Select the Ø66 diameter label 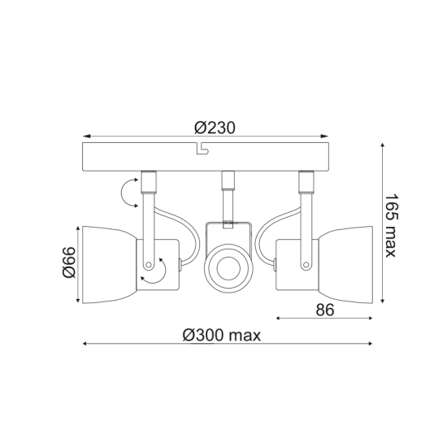coord(69,263)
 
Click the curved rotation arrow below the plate coord(127,193)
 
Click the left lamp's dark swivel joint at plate coord(149,180)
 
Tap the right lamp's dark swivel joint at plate coord(306,180)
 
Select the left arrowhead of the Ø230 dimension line coord(87,137)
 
